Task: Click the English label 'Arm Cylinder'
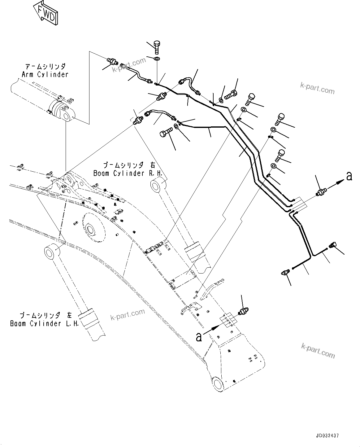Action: click(45, 75)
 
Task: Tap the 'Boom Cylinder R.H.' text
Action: click(128, 173)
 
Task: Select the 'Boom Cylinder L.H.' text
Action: click(44, 324)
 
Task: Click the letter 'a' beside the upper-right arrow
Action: click(349, 177)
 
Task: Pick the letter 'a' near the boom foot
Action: click(199, 337)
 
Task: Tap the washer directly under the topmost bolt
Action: click(157, 59)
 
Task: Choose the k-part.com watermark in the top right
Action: click(317, 88)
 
